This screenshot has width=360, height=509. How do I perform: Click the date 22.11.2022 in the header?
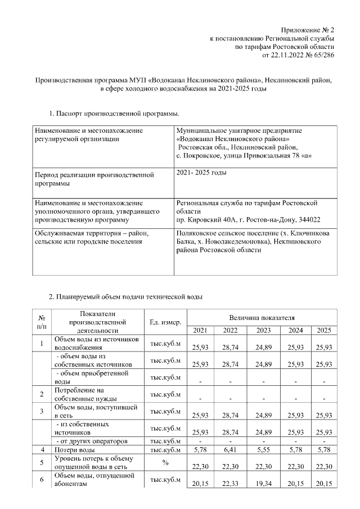click(288, 56)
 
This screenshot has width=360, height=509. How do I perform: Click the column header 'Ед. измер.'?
click(165, 322)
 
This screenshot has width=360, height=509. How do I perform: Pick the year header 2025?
click(325, 330)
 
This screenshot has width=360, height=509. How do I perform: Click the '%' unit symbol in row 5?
click(165, 463)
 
